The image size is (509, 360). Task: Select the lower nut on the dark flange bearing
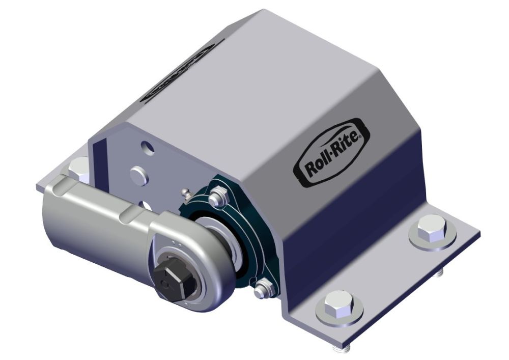pyautogui.click(x=262, y=291)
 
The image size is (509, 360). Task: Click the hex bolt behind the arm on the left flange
pyautogui.click(x=79, y=167)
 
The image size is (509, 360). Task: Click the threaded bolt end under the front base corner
pyautogui.click(x=339, y=349)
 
